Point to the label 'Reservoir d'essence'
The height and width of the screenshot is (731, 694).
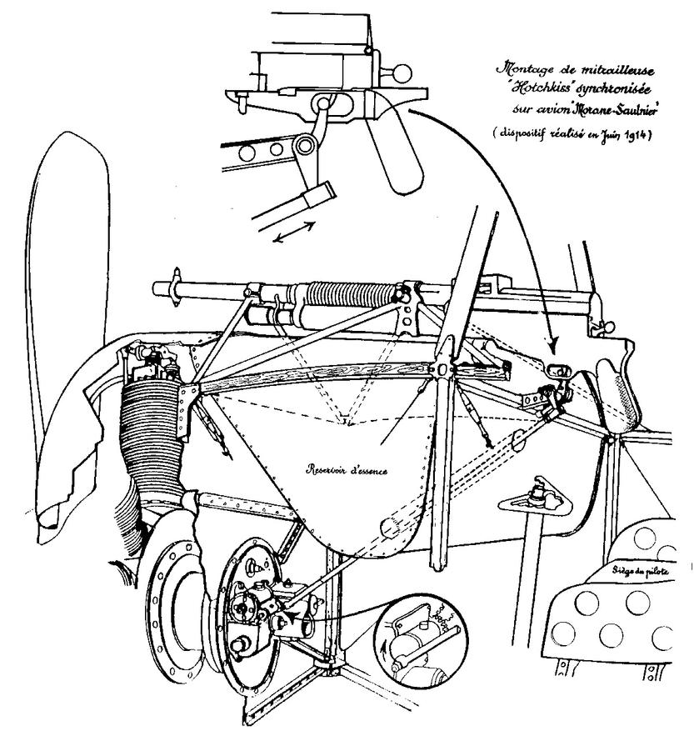coord(349,468)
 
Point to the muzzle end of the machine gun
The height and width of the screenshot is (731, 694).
coord(160,288)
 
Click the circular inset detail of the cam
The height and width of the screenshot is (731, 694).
coord(419,642)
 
